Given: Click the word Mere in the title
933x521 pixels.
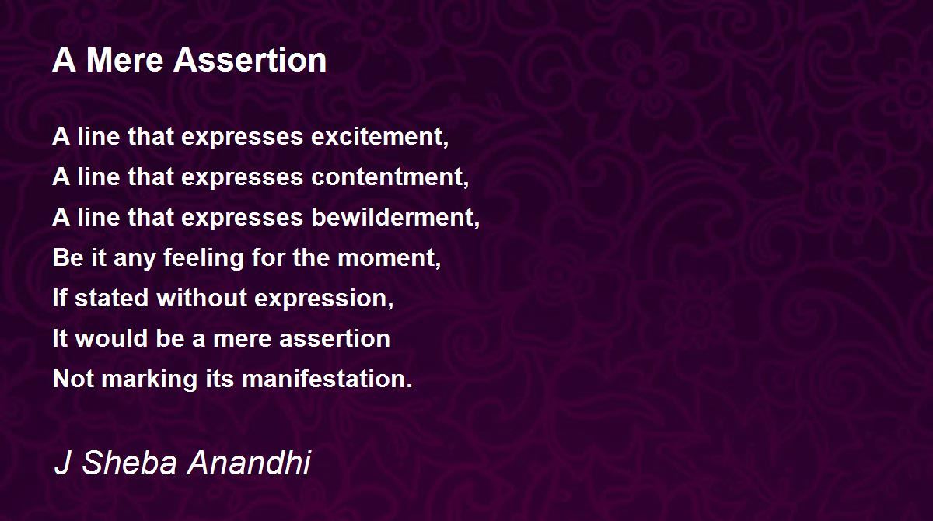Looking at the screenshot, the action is click(124, 61).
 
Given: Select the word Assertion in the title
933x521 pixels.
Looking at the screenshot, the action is click(250, 61).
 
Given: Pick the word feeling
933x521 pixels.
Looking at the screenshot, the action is click(204, 258).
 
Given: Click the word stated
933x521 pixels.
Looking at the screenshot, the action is click(112, 298).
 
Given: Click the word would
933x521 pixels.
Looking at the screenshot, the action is click(112, 338).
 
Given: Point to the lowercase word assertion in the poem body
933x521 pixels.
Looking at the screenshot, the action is click(334, 338).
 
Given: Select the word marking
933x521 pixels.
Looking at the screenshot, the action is click(149, 379).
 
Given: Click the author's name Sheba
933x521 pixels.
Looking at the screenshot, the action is click(129, 462).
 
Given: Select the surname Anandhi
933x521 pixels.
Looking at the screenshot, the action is click(249, 462).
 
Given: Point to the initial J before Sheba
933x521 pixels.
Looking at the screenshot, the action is click(62, 462).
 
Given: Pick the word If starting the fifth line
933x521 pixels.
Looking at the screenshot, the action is click(60, 298).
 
